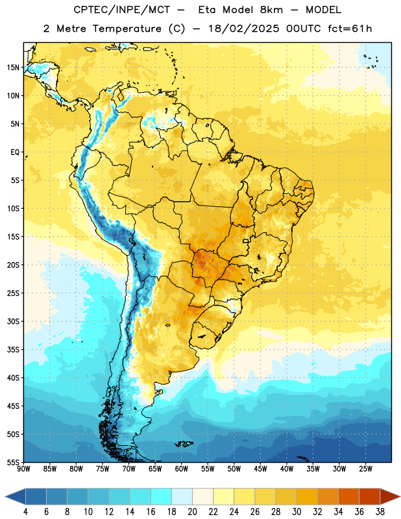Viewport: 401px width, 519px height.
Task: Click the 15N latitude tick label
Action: pos(13,67)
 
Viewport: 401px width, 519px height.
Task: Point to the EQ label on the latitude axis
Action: pos(15,152)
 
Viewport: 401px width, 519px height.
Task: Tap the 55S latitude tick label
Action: pos(13,462)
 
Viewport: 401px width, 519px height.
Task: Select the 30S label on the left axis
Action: pos(13,321)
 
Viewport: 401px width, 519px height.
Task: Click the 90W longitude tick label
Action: pos(23,469)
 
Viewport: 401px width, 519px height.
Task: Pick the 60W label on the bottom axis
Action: pos(182,469)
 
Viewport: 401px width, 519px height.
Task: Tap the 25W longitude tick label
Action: pos(365,469)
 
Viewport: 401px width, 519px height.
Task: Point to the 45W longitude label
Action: pos(260,469)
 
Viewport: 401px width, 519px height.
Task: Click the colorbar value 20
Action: pos(192,512)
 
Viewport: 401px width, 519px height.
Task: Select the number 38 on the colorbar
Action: pos(380,512)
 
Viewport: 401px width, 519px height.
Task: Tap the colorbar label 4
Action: pos(25,512)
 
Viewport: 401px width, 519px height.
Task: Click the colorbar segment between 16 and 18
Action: pos(162,496)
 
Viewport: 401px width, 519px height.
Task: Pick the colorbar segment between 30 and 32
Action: pos(308,496)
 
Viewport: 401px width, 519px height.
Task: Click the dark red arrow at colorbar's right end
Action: pos(389,496)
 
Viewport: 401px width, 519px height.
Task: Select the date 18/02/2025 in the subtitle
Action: pos(244,29)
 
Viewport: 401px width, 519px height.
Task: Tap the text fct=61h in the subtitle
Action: pos(350,29)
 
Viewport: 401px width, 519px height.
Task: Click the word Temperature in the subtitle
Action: pos(127,29)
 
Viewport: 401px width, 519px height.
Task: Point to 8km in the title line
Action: pos(271,10)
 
